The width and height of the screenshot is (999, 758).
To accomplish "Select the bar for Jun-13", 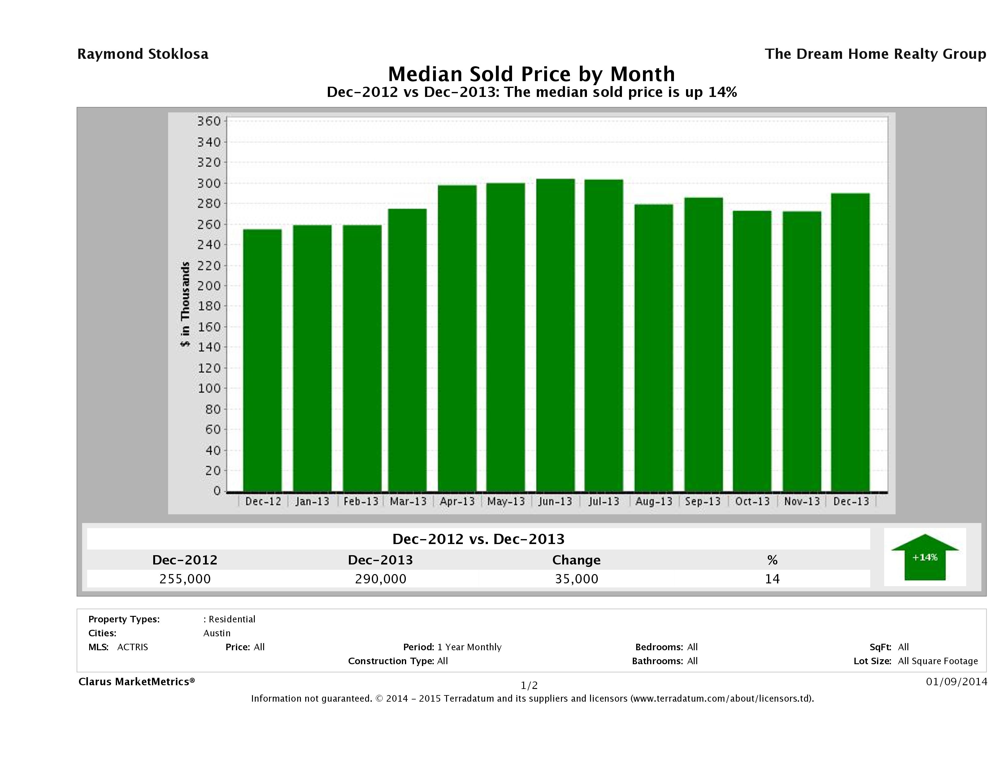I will point(555,335).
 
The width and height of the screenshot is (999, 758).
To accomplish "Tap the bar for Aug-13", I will point(654,347).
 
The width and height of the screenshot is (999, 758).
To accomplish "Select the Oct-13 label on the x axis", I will point(752,501).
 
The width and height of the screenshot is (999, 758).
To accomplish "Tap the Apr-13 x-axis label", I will point(457,501).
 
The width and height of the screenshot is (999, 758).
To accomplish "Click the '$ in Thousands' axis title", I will point(185,304).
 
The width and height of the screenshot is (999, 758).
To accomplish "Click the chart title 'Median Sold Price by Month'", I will point(532,74).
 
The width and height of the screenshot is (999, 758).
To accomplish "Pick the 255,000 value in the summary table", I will point(185,579).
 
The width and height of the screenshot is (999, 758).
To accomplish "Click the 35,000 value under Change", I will point(577,579).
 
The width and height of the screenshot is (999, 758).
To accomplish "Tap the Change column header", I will point(576,560).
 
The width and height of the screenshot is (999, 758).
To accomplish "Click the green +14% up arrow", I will point(924,557).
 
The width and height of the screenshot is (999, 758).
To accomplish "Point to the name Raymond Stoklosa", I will point(143,54).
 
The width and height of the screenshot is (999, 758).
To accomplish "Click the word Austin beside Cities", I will point(217,633).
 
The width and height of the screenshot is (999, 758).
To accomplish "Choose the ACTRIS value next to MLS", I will point(132,647).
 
